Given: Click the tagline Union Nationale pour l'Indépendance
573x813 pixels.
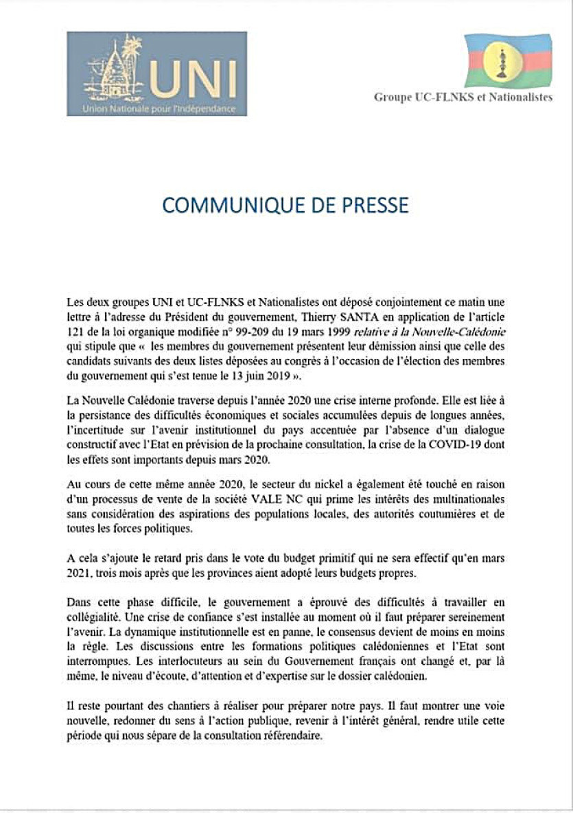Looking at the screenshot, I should (159, 108).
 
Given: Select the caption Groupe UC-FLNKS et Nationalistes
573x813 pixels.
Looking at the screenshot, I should (463, 98).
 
